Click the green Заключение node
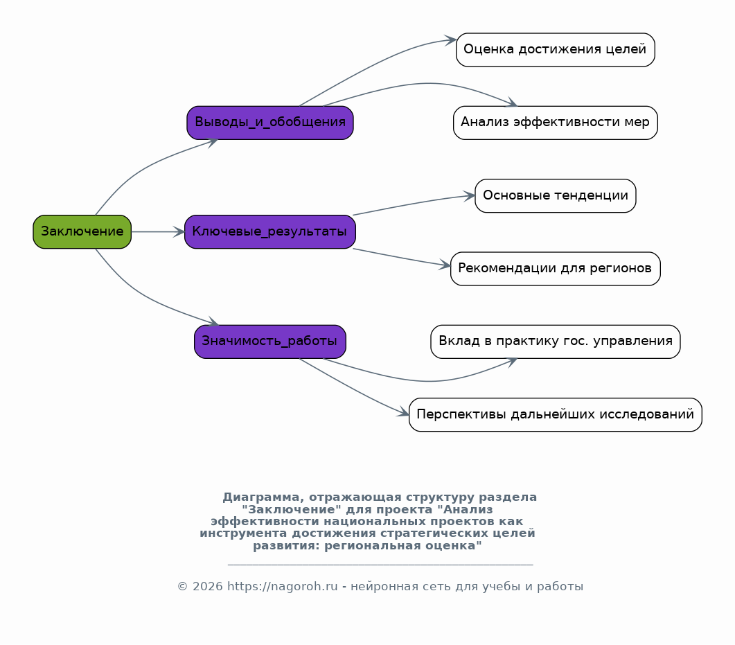pos(82,231)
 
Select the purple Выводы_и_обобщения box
pos(270,123)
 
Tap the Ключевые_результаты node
pos(270,231)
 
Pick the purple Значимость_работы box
pos(270,342)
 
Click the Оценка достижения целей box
pos(556,50)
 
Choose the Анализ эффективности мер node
pos(556,123)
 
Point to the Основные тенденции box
pos(556,195)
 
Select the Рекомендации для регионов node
pos(556,269)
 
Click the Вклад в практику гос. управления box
pos(556,342)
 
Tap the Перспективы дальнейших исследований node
pos(556,414)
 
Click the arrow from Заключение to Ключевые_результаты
pos(158,231)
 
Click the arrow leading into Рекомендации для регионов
pos(402,257)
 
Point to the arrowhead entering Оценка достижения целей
pos(450,40)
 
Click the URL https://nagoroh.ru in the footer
pos(282,586)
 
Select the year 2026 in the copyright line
pos(207,586)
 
